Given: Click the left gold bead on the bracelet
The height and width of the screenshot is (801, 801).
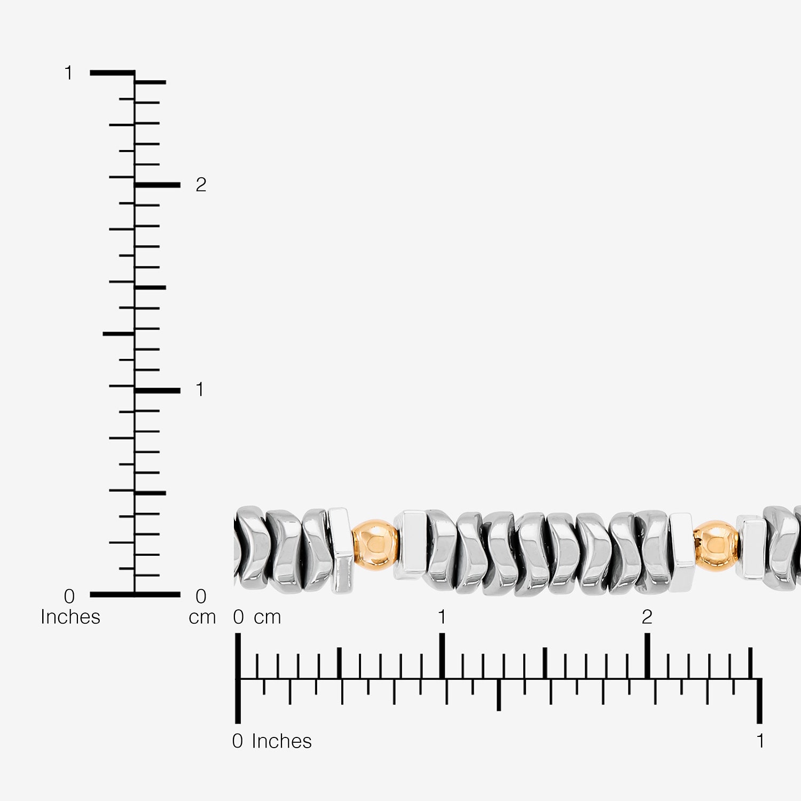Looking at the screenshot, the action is click(x=376, y=544).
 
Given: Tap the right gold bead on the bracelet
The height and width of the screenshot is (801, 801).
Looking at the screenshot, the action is click(x=717, y=545).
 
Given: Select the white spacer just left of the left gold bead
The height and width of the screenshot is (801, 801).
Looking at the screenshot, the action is click(x=340, y=550).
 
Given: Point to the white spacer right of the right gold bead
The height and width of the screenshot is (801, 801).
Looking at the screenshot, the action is click(x=752, y=548).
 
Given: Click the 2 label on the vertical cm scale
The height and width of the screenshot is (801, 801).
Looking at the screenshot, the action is click(x=201, y=185).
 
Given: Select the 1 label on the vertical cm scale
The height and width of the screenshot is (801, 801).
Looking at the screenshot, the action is click(x=200, y=390).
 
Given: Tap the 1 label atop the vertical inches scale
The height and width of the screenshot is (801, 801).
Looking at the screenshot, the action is click(x=68, y=73).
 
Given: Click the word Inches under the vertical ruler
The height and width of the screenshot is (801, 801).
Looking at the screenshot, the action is click(x=70, y=617).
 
